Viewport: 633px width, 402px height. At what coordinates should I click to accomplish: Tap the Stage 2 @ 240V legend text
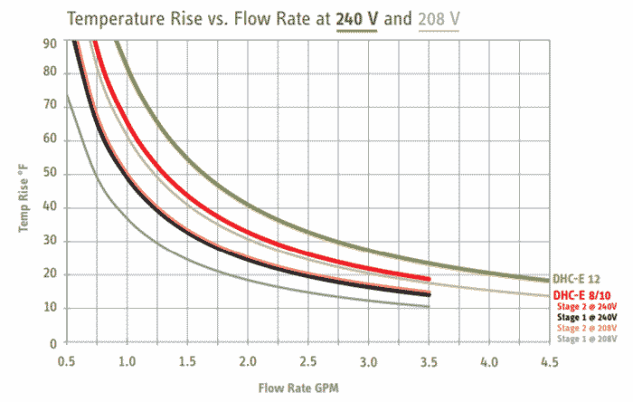click(588, 307)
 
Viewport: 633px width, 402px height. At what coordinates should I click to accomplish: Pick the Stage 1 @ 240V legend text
click(588, 318)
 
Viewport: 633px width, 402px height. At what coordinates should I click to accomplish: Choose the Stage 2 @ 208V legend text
click(588, 328)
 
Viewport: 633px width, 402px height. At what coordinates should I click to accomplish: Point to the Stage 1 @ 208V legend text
click(588, 339)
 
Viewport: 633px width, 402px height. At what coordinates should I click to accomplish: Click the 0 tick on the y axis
click(52, 343)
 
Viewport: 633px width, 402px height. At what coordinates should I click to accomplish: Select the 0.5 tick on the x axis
click(66, 361)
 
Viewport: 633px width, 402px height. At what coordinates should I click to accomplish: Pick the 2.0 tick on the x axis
click(248, 361)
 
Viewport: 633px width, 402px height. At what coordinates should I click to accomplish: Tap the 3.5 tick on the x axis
click(430, 361)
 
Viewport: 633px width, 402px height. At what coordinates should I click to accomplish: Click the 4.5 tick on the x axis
click(551, 361)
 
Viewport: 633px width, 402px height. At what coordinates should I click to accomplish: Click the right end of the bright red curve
click(429, 279)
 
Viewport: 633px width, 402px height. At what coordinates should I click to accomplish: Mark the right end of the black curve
click(429, 294)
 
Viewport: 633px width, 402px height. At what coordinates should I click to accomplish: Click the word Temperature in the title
click(114, 18)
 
